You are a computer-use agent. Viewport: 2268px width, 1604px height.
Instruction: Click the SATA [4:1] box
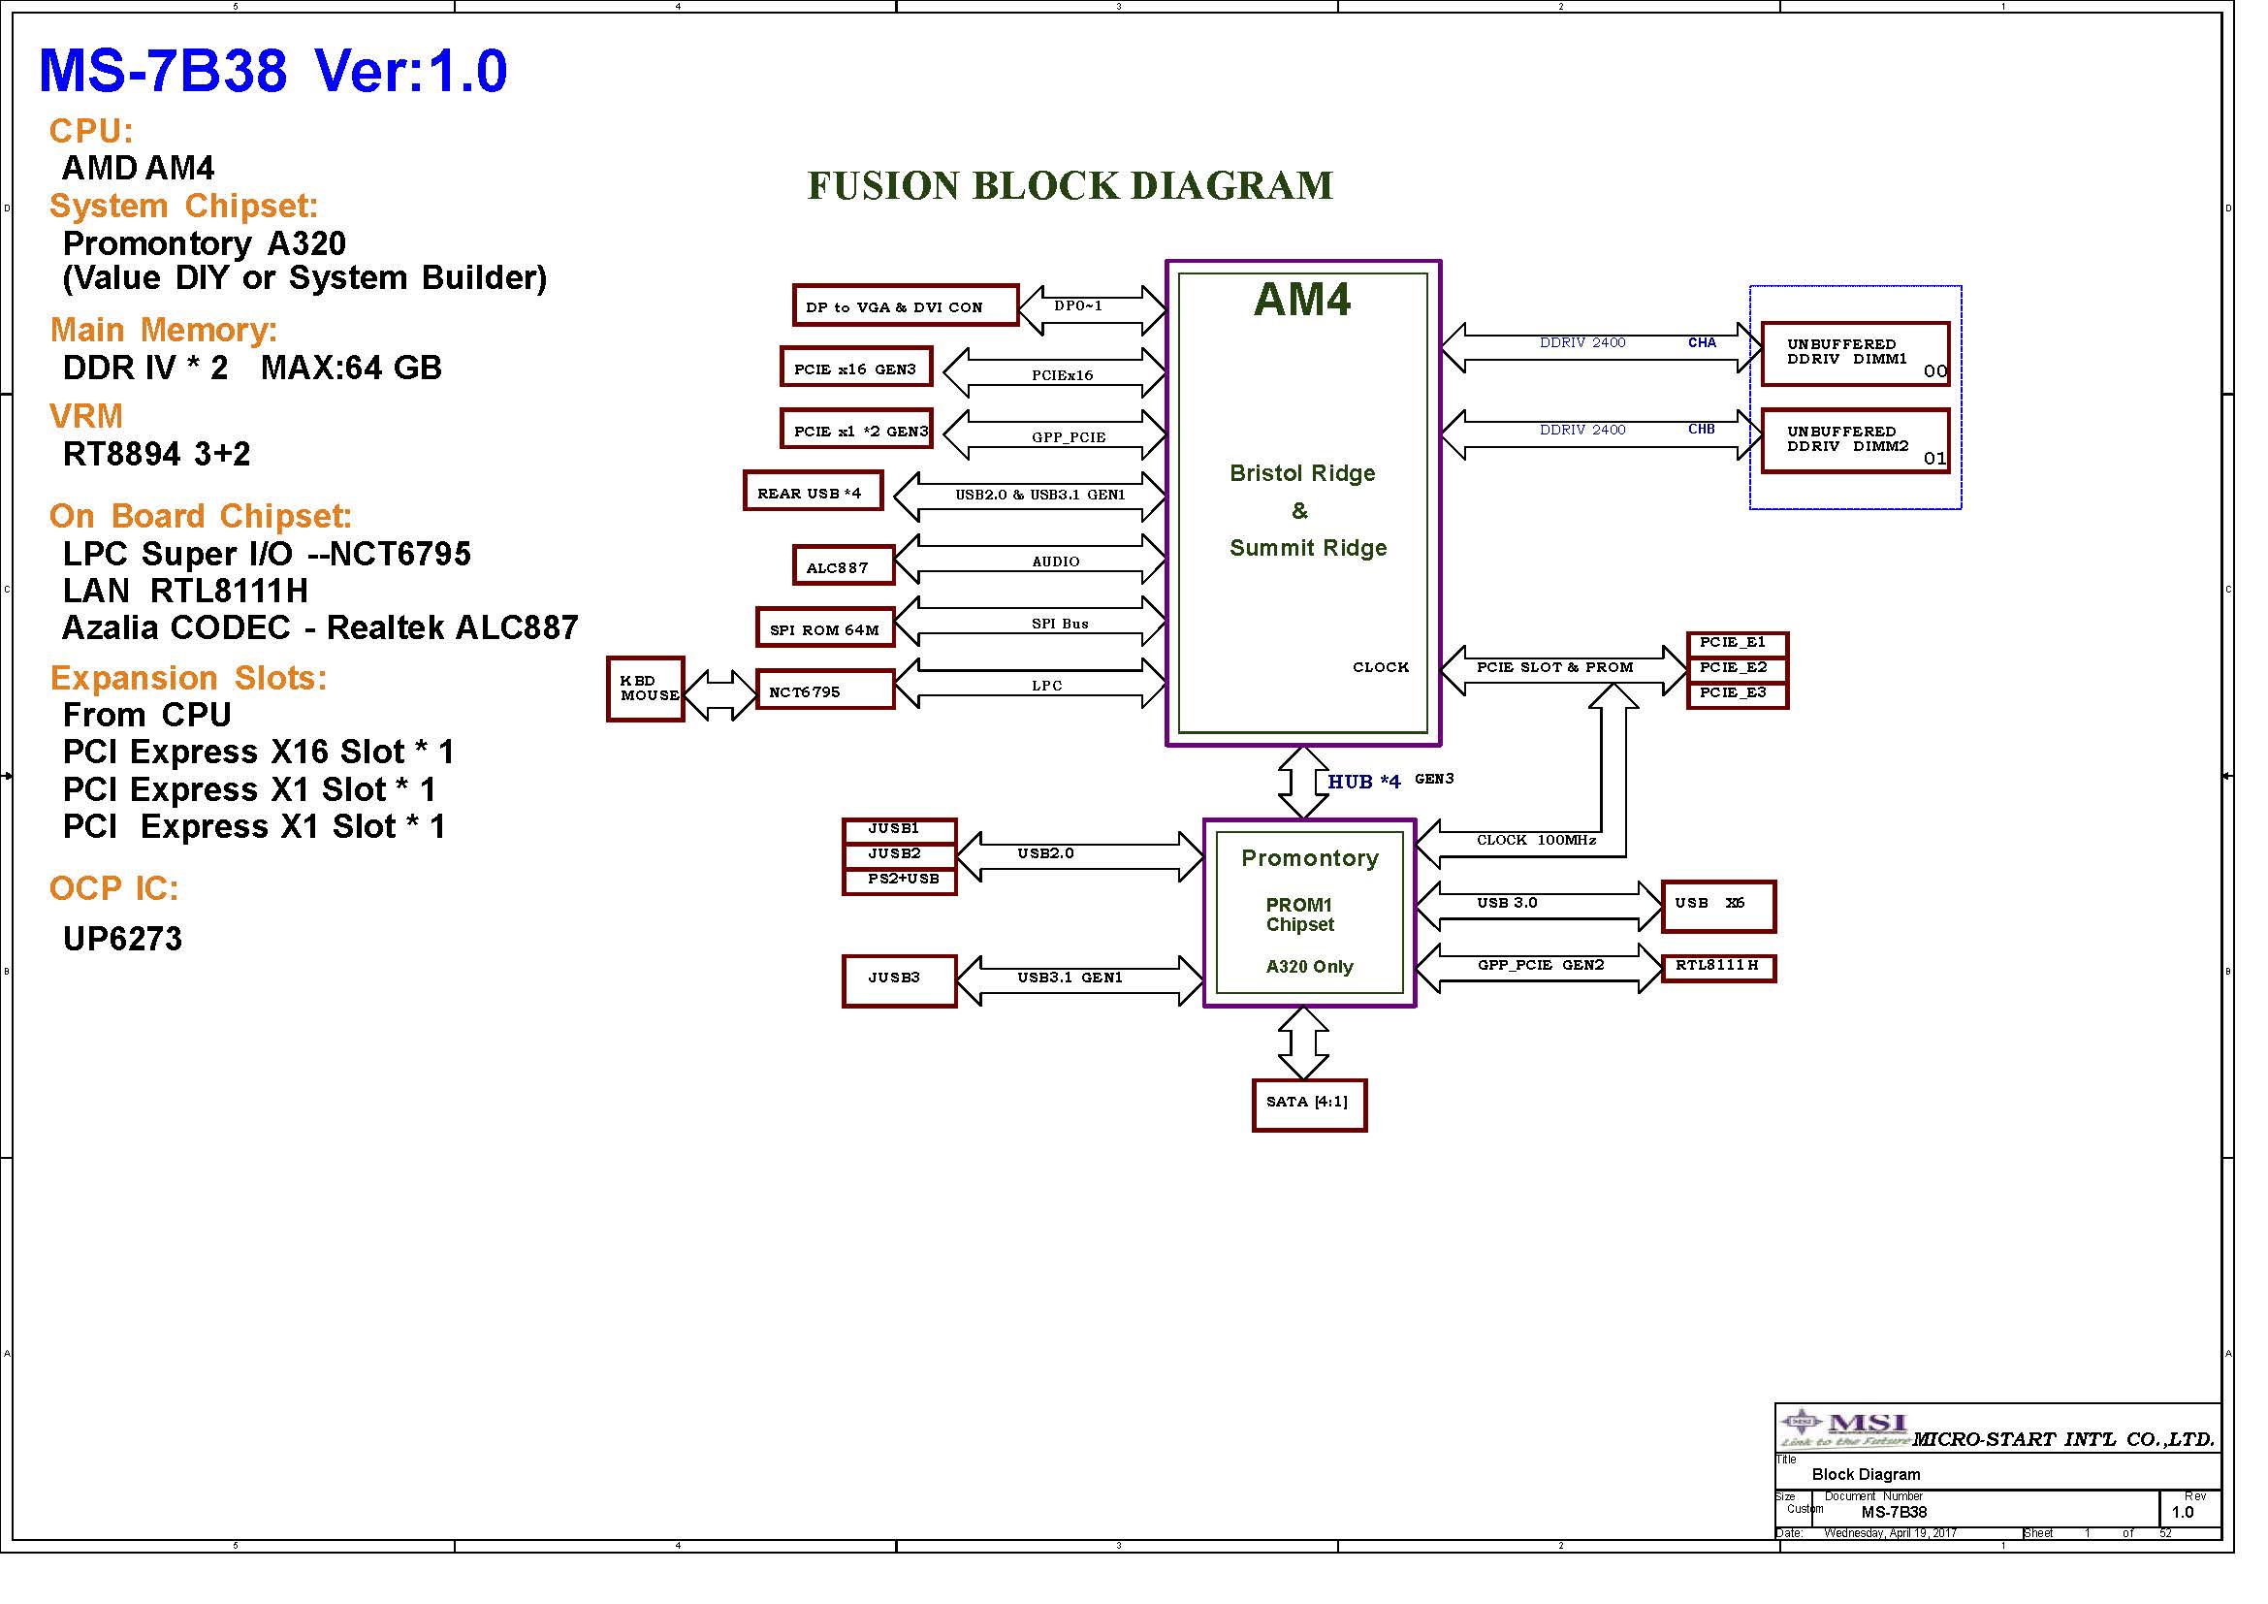pos(1309,1105)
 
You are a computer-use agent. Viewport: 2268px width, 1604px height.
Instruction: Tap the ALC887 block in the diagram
pos(843,566)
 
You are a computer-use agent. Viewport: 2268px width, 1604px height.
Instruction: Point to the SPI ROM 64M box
pos(825,628)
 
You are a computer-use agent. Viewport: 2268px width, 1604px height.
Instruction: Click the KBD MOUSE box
pos(645,689)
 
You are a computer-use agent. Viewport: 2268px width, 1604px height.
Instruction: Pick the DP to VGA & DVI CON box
pos(905,305)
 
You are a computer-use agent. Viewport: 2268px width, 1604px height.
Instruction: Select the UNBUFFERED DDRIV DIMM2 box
pos(1855,440)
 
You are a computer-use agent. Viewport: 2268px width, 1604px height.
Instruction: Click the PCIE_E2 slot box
pos(1738,669)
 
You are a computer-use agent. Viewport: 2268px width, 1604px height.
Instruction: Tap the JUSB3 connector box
pos(899,979)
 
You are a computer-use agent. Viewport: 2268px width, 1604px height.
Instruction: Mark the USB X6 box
pos(1718,906)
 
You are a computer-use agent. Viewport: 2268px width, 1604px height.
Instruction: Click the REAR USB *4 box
pos(813,491)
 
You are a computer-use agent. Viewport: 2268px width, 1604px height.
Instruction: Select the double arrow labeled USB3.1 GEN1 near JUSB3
pos(1080,979)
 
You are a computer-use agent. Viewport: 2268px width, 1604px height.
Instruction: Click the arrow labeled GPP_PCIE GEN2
pos(1539,967)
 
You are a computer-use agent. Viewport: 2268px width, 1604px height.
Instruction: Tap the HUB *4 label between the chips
pos(1363,782)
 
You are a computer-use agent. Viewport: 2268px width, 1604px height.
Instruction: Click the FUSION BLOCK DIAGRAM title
pos(1070,185)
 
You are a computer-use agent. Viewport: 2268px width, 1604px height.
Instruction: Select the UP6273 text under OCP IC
pos(122,939)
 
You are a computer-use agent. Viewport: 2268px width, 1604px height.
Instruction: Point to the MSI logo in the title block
pos(1843,1428)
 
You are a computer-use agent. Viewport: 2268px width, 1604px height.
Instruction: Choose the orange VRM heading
pos(86,416)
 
